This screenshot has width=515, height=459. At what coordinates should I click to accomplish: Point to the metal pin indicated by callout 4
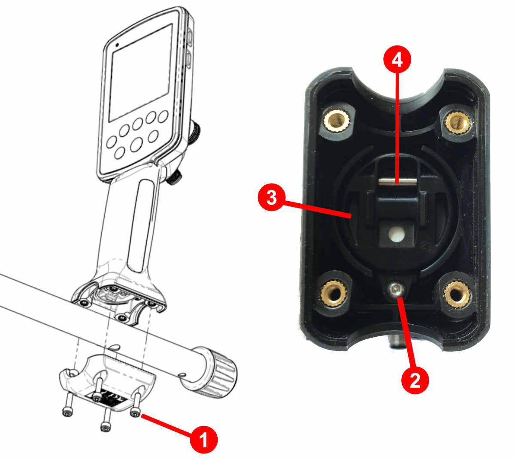click(x=397, y=182)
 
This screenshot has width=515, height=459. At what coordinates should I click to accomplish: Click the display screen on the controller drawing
click(x=140, y=73)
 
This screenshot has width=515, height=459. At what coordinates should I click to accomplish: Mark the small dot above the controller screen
click(x=116, y=44)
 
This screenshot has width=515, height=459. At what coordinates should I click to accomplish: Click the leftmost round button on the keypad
click(x=112, y=141)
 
